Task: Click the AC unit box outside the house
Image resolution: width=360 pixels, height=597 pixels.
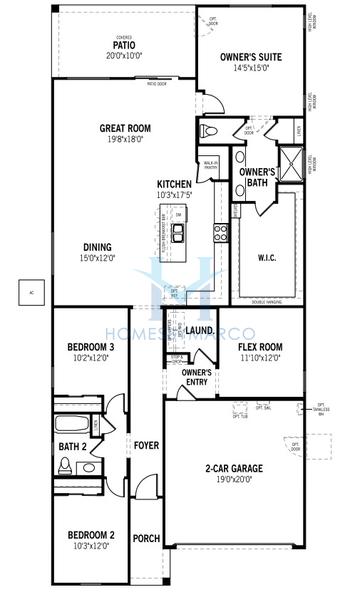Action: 30,291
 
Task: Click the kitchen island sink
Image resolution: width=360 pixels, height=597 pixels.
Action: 179,234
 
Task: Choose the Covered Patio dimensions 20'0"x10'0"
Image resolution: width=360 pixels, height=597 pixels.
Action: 124,56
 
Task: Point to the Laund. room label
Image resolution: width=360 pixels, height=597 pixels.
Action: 200,329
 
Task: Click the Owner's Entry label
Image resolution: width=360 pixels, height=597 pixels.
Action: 195,377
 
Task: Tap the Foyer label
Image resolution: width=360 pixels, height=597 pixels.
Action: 145,445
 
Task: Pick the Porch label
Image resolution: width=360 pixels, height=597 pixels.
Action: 145,537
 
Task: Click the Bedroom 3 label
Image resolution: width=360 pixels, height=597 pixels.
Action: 78,347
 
